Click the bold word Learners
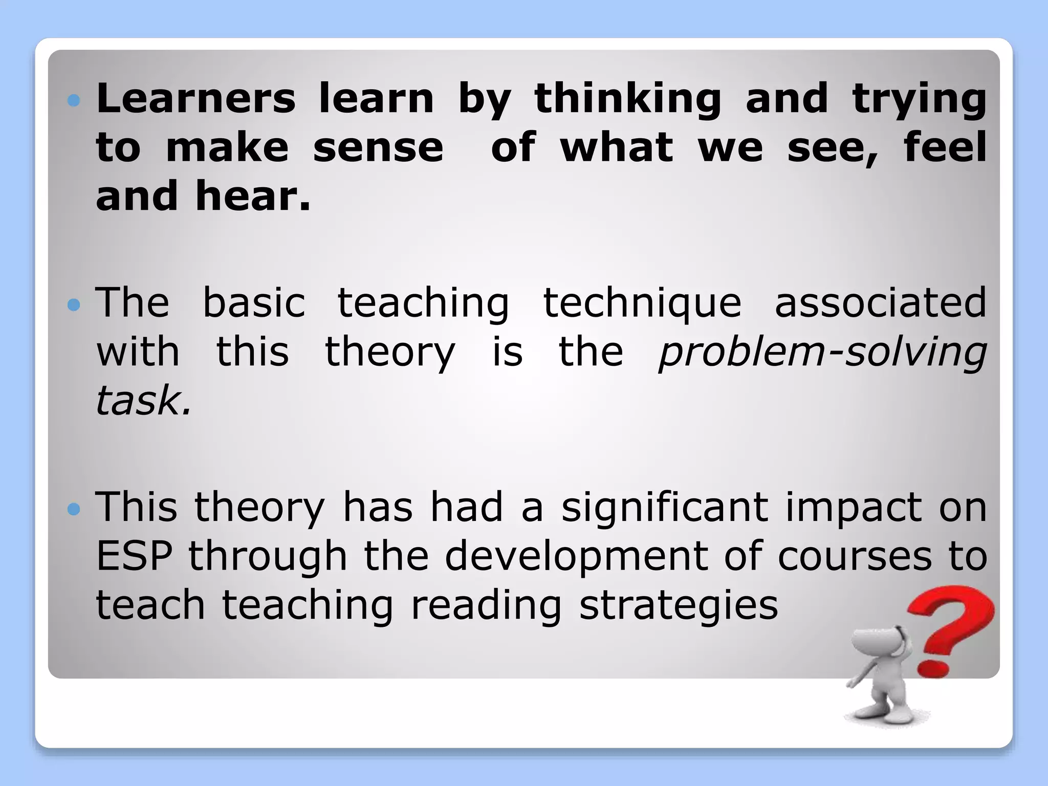(x=196, y=98)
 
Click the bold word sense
(x=378, y=148)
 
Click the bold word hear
(x=253, y=196)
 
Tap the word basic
(x=254, y=302)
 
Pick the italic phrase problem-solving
(x=822, y=353)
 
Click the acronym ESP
(x=134, y=556)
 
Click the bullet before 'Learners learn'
(x=74, y=100)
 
